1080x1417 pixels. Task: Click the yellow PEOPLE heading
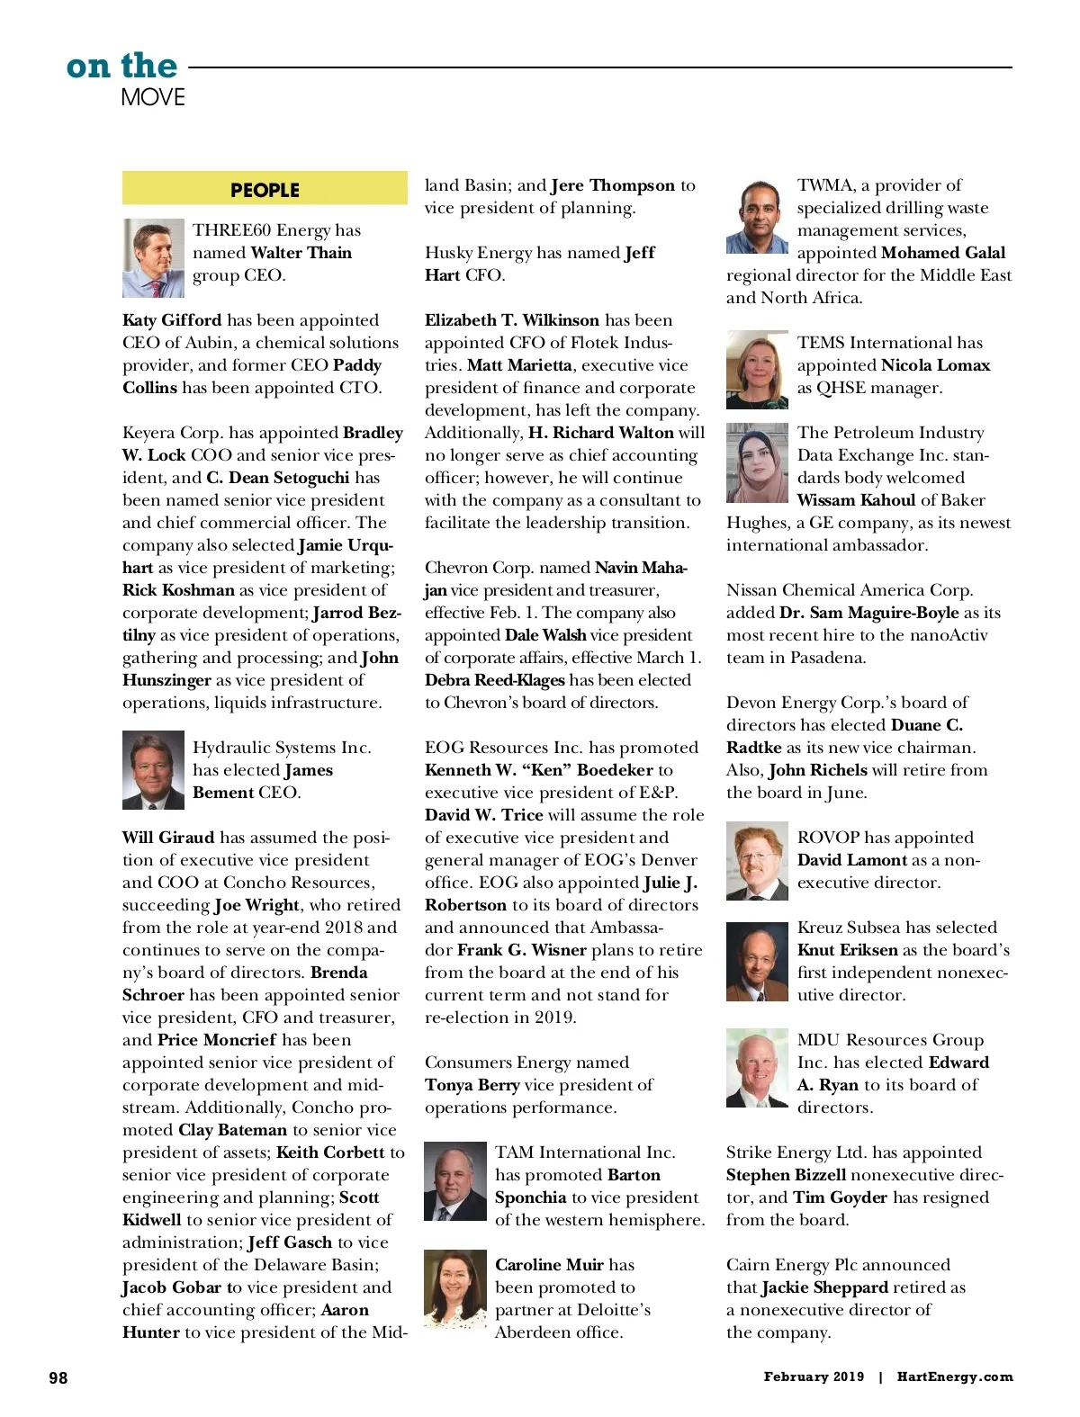pos(265,190)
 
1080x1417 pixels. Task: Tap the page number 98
pos(58,1377)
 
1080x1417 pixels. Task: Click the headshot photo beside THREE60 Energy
pos(153,258)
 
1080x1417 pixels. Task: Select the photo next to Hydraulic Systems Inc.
pos(153,770)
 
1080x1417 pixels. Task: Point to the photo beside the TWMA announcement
pos(757,216)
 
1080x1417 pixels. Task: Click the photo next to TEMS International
pos(757,369)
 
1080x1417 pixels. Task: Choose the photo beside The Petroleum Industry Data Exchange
pos(757,463)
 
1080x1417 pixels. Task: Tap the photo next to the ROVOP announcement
pos(757,861)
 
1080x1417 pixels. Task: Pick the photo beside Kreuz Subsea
pos(757,962)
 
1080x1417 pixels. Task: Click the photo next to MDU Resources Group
pos(757,1068)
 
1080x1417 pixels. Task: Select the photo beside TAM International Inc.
pos(454,1181)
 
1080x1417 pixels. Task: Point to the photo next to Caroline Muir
pos(454,1289)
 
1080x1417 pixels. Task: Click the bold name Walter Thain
pos(301,253)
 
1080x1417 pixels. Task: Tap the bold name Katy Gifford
pos(172,320)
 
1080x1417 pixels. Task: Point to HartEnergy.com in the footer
pos(955,1377)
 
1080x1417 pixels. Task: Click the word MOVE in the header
pos(153,97)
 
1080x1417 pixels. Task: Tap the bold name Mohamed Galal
pos(943,253)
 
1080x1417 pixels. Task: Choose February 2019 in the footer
pos(814,1377)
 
